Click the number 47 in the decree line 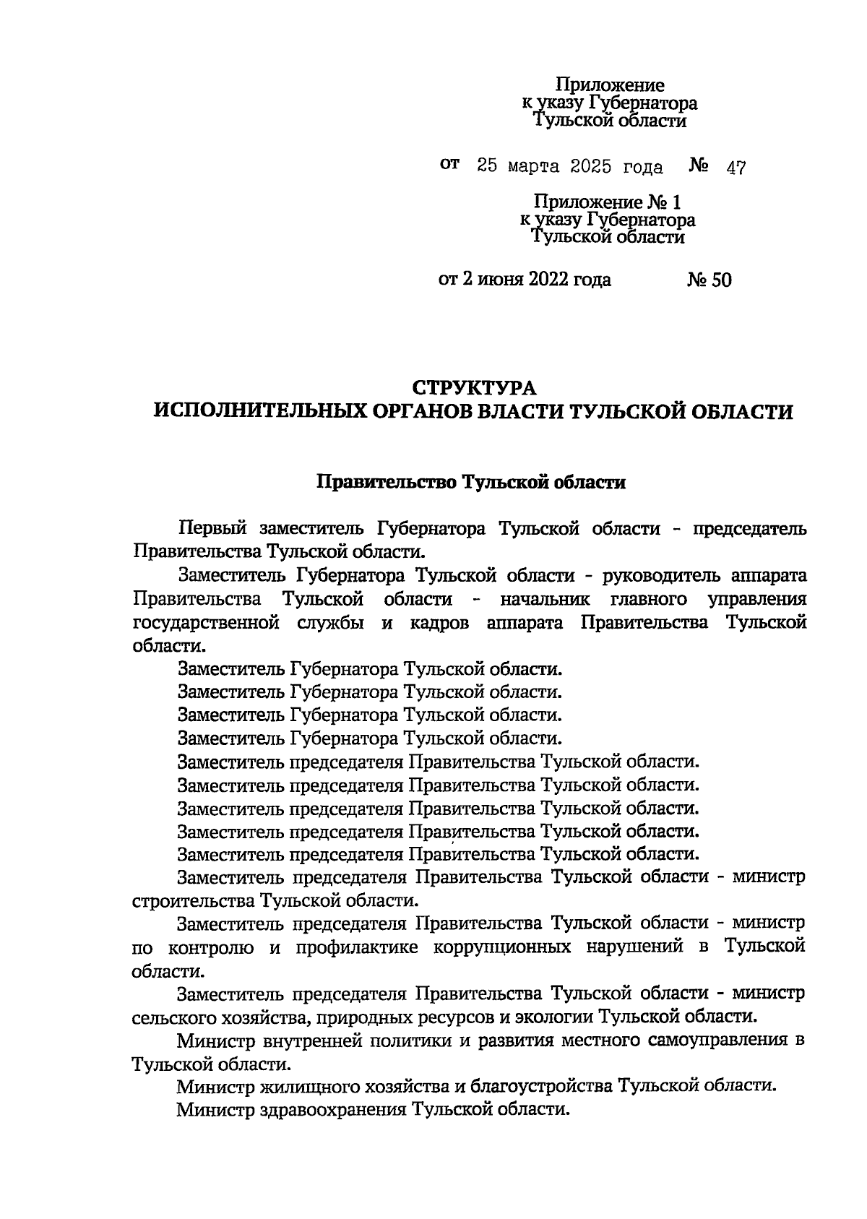click(736, 168)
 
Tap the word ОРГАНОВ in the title click(436, 412)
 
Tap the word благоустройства click(540, 1086)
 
